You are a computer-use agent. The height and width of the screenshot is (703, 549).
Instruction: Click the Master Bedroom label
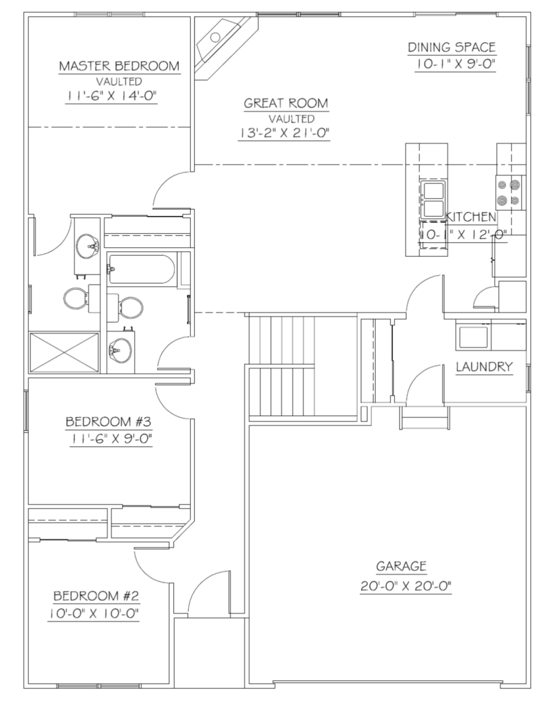(119, 66)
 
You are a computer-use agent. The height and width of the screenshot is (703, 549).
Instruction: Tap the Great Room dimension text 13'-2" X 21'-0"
(284, 133)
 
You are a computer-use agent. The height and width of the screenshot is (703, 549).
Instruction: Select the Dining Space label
(451, 47)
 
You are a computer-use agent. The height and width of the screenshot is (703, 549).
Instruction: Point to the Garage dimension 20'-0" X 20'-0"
(406, 586)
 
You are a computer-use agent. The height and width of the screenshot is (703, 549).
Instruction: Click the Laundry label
(485, 366)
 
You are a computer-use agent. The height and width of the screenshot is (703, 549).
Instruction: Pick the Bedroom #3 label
(109, 421)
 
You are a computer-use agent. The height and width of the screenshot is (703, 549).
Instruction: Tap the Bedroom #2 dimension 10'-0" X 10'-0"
(94, 613)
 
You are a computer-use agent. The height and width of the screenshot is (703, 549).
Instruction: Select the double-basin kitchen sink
(433, 199)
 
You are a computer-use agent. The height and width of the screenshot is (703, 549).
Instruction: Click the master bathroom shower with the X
(64, 352)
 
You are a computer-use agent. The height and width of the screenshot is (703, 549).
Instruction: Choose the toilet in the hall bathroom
(125, 308)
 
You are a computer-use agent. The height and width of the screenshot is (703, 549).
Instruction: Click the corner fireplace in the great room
(226, 47)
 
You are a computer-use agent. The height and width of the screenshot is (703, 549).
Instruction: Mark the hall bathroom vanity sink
(120, 349)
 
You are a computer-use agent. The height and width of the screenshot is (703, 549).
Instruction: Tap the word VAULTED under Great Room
(292, 119)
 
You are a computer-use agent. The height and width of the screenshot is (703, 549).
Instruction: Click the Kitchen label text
(471, 217)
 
